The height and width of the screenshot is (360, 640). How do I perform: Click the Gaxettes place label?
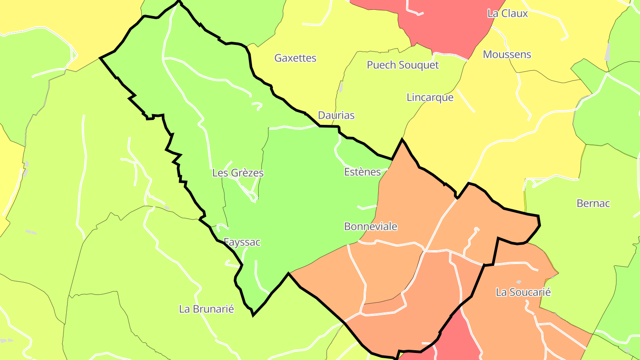pyautogui.click(x=295, y=58)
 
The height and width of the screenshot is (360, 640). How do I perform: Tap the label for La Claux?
pyautogui.click(x=508, y=13)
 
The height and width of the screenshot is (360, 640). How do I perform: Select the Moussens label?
pyautogui.click(x=507, y=55)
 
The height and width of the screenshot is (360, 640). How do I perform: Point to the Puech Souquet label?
pyautogui.click(x=402, y=65)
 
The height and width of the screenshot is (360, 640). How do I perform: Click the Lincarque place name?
pyautogui.click(x=430, y=97)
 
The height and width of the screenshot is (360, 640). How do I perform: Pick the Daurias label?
pyautogui.click(x=336, y=116)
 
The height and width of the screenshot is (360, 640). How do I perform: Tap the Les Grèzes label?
pyautogui.click(x=238, y=173)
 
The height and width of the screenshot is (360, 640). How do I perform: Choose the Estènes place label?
pyautogui.click(x=362, y=172)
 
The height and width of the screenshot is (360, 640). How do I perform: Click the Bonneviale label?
pyautogui.click(x=371, y=227)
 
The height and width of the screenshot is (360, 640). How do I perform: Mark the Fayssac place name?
pyautogui.click(x=242, y=242)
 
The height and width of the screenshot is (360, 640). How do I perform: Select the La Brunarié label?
pyautogui.click(x=206, y=309)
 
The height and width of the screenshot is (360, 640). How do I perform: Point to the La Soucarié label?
pyautogui.click(x=523, y=292)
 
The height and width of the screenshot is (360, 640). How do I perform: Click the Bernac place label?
pyautogui.click(x=593, y=204)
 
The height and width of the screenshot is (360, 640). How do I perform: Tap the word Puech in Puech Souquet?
pyautogui.click(x=381, y=65)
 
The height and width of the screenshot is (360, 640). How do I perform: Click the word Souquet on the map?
pyautogui.click(x=418, y=65)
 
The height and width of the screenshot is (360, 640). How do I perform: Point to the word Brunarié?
pyautogui.click(x=213, y=309)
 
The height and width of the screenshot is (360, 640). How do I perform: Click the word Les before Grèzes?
pyautogui.click(x=220, y=173)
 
